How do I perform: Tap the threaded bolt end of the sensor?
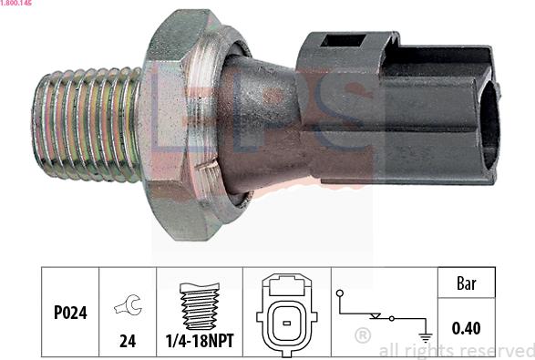click(x=86, y=123)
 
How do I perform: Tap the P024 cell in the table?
click(x=69, y=312)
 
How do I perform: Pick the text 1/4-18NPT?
click(x=200, y=342)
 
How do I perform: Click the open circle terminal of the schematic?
click(x=340, y=293)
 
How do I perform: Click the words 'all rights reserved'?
click(x=456, y=350)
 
